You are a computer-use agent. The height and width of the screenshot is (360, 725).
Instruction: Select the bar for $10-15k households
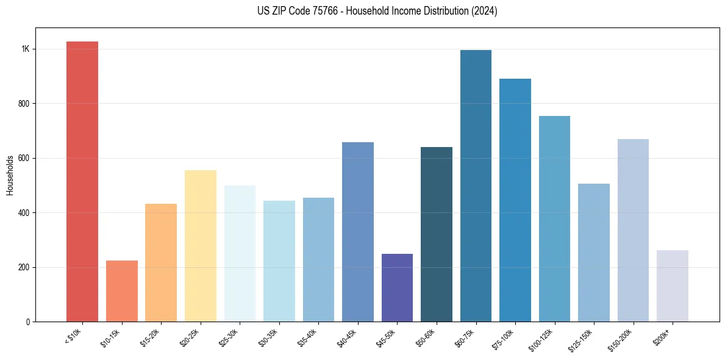(x=122, y=291)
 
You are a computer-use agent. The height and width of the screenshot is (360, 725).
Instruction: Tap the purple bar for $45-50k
(x=397, y=287)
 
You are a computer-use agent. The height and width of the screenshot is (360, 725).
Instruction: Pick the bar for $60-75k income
(x=476, y=185)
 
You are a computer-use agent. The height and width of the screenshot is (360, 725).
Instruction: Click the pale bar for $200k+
(x=672, y=286)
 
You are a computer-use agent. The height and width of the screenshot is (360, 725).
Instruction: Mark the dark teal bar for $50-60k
(x=437, y=234)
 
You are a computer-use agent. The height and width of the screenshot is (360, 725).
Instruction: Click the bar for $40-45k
(x=358, y=232)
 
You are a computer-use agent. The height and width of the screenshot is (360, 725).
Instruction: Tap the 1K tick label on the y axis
(x=26, y=49)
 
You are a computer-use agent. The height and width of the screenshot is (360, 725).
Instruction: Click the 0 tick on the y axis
(x=27, y=322)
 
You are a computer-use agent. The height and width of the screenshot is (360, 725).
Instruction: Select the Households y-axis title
(x=10, y=175)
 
